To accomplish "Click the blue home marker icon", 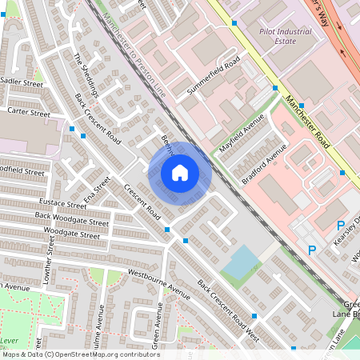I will [180, 172].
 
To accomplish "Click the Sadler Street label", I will [22, 82].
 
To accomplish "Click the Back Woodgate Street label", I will [70, 222].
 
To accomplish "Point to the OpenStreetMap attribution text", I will [80, 354].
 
